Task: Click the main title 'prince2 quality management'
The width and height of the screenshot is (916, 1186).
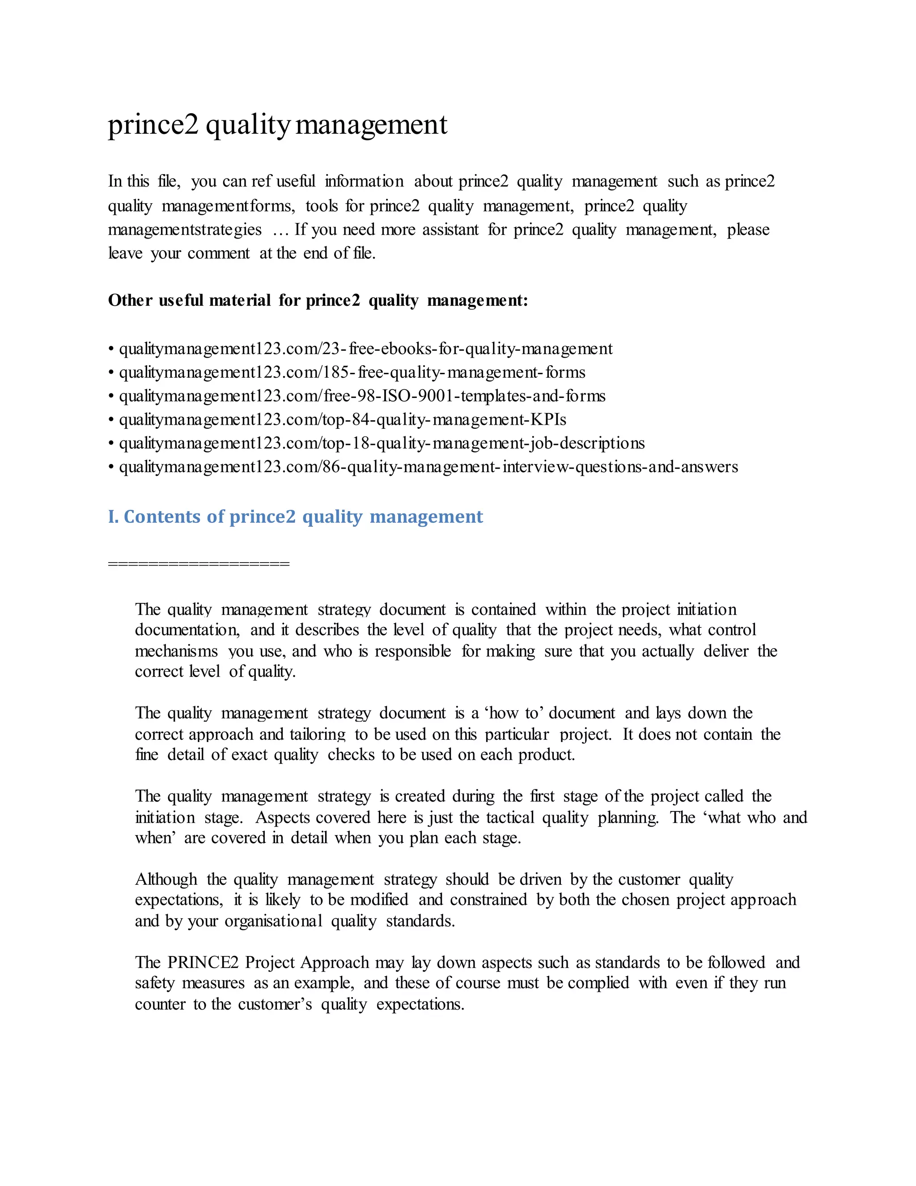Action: [x=277, y=125]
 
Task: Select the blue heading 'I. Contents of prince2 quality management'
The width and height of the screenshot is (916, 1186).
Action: [x=295, y=516]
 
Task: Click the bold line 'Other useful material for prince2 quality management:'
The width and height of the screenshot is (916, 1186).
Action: [x=318, y=300]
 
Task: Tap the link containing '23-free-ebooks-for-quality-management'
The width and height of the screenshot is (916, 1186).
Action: [x=366, y=349]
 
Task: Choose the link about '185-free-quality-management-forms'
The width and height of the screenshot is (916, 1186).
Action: [x=352, y=372]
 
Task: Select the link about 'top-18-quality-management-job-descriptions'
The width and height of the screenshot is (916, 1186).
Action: [x=382, y=443]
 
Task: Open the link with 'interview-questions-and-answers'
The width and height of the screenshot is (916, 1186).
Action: [x=428, y=467]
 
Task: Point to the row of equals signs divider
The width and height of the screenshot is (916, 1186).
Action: [x=199, y=563]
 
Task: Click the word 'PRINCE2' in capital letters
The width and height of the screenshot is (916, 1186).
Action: [x=203, y=962]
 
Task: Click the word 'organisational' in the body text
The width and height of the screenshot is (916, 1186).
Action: [x=273, y=921]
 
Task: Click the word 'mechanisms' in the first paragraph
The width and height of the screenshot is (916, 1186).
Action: [x=176, y=651]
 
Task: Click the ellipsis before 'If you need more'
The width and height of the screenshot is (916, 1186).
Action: [x=281, y=230]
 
